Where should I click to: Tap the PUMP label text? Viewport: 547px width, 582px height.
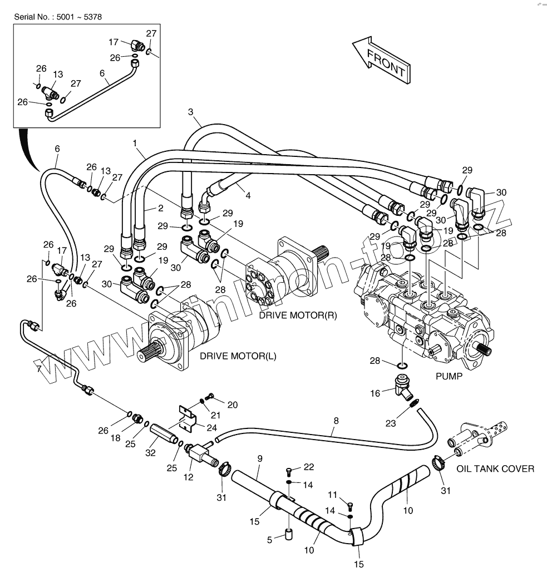449,376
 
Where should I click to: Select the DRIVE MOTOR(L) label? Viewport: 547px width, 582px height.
238,356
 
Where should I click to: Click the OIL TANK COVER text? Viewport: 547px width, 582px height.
495,469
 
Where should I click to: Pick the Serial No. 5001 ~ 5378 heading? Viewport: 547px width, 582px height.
58,17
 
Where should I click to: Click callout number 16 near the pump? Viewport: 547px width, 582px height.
375,393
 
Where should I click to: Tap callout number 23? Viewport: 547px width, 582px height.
391,423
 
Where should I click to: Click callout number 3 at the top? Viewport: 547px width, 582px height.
191,112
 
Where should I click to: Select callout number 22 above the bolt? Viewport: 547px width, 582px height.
309,466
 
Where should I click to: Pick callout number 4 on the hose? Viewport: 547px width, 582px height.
248,196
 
